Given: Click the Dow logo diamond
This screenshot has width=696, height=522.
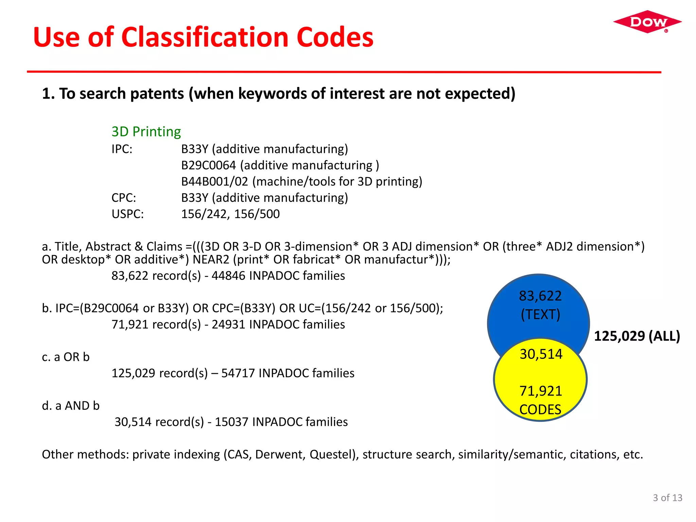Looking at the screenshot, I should (x=647, y=22).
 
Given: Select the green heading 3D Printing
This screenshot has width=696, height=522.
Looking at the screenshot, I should (x=146, y=132).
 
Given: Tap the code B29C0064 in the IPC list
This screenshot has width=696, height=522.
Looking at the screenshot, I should (x=208, y=165).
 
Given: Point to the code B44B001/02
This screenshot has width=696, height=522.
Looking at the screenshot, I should (x=214, y=181).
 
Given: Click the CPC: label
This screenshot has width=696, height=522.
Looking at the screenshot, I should (x=124, y=198).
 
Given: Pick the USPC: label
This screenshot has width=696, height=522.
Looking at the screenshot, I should (x=128, y=214).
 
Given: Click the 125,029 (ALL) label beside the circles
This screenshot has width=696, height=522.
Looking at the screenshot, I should (x=637, y=336).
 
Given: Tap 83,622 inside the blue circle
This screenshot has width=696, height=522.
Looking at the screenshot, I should (x=540, y=296).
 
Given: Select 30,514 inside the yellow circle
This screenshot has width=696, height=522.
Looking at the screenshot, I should (x=541, y=354).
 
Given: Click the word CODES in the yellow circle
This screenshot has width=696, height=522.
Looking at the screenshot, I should (x=540, y=410).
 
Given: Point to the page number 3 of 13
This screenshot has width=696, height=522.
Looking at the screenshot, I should (x=667, y=498).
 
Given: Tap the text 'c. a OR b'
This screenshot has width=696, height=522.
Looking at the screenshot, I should (x=66, y=357).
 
